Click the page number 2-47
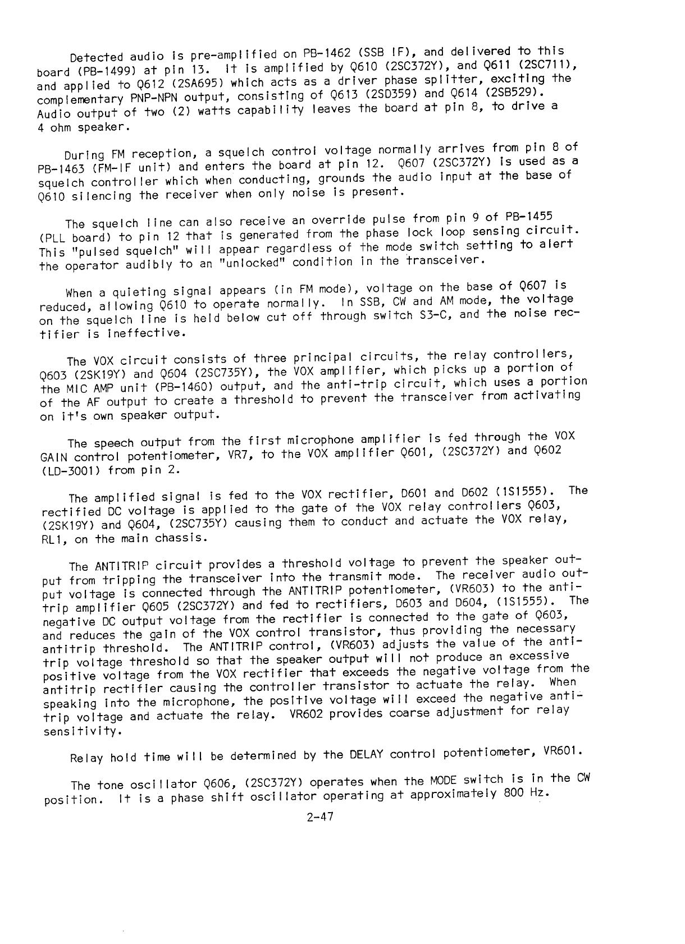tap(321, 817)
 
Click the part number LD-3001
tap(72, 469)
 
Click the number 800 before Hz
tap(514, 794)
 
